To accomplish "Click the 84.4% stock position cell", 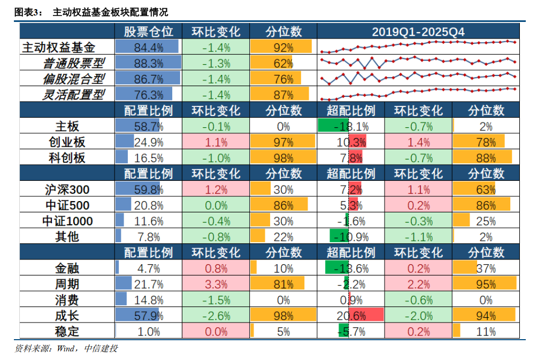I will [148, 48].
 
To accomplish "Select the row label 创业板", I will [67, 142].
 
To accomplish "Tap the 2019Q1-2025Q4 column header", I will [418, 32].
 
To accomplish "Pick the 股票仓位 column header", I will [148, 32].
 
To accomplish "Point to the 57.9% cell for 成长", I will [148, 316].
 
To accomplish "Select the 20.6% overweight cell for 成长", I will [351, 316].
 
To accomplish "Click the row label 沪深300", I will [67, 189].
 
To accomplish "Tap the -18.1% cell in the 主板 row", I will [351, 127].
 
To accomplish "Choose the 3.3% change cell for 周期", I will [216, 284].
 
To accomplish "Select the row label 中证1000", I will [67, 221].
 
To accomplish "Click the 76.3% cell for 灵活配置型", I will [148, 95].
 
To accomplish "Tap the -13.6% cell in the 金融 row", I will [351, 269].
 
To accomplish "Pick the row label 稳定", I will [67, 331].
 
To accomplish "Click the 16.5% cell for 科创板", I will [148, 158].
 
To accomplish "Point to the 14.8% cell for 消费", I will [148, 300].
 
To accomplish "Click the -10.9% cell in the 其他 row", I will [351, 236].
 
